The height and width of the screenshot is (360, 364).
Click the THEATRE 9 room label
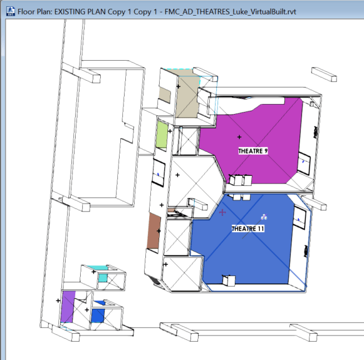(253, 151)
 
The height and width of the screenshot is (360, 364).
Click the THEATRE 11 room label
(248, 229)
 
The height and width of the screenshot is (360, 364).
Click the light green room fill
(162, 135)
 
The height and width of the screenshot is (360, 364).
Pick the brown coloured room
(153, 231)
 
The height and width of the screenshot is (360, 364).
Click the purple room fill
(68, 306)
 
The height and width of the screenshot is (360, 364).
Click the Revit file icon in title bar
(11, 11)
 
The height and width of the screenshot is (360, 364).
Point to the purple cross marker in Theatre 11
(222, 212)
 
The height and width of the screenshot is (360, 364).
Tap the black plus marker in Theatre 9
(239, 137)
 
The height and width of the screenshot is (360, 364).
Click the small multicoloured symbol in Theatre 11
(264, 217)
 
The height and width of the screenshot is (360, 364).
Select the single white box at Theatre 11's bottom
(229, 280)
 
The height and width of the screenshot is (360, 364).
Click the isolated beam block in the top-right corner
(324, 75)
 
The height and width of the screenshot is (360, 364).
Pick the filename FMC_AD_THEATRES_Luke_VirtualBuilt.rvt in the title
(231, 12)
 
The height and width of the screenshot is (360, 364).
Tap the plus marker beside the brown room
(159, 231)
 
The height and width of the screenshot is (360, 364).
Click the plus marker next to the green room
(170, 131)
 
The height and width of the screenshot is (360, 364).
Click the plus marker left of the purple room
(58, 301)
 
